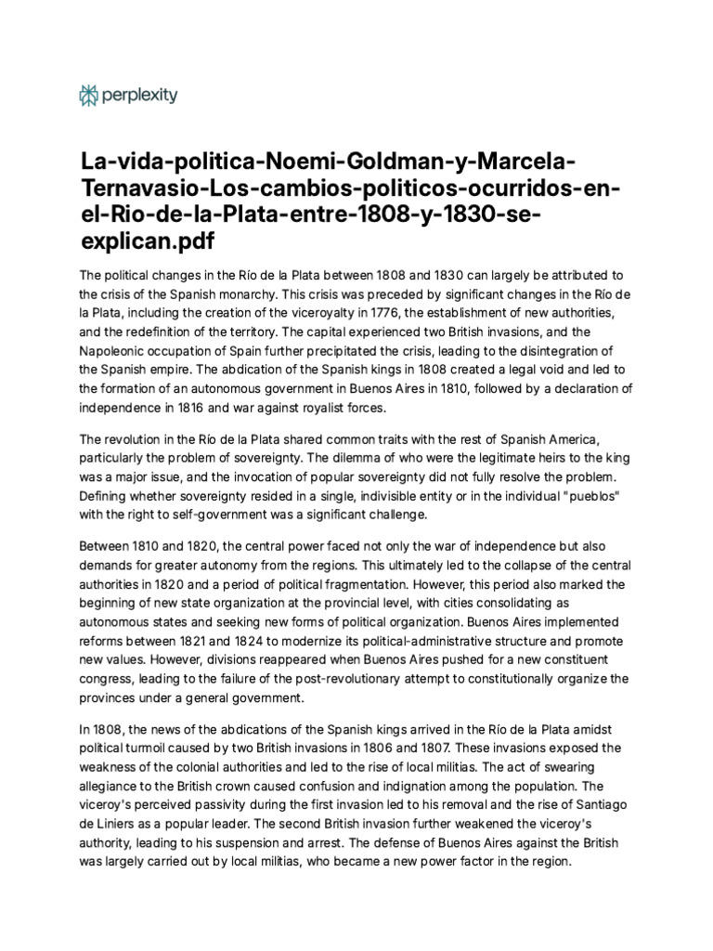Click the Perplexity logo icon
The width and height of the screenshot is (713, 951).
89,94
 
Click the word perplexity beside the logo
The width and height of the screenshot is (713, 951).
140,94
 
